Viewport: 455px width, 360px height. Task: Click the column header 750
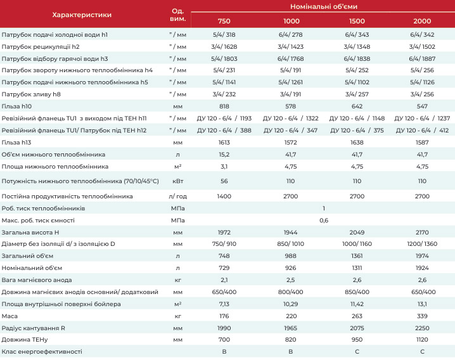[x=224, y=21]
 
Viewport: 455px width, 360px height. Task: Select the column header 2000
[x=422, y=21]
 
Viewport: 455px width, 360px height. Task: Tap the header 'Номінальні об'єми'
[x=324, y=6]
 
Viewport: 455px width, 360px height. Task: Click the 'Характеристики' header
[x=82, y=15]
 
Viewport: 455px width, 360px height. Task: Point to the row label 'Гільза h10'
[x=16, y=106]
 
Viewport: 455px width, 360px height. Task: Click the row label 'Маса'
[x=10, y=316]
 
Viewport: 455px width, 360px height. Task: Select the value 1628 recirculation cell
[x=224, y=46]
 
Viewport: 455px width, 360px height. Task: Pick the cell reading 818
[x=224, y=106]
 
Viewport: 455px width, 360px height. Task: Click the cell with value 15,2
[x=224, y=155]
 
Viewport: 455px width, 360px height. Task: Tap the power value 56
[x=224, y=181]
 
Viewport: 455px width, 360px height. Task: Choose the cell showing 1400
[x=224, y=196]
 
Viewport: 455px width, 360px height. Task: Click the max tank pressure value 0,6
[x=324, y=221]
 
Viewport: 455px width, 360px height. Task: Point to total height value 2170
[x=422, y=232]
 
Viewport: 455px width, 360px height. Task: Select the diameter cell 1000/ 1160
[x=357, y=244]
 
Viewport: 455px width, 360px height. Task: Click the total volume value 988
[x=290, y=256]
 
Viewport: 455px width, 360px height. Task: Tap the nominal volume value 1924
[x=422, y=268]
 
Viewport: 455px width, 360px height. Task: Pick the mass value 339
[x=422, y=316]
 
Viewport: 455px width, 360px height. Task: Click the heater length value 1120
[x=422, y=339]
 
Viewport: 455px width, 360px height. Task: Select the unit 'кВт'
[x=177, y=181]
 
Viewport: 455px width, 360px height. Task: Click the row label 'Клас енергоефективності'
[x=42, y=352]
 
